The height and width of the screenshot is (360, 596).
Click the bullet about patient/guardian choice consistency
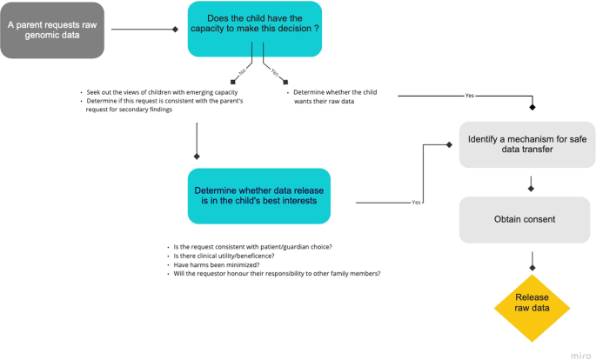pyautogui.click(x=248, y=246)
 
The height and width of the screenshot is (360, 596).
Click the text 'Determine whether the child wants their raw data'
pyautogui.click(x=335, y=97)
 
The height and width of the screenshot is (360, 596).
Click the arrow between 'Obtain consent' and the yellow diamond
pyautogui.click(x=532, y=257)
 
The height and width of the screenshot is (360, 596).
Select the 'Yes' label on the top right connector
pyautogui.click(x=469, y=95)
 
